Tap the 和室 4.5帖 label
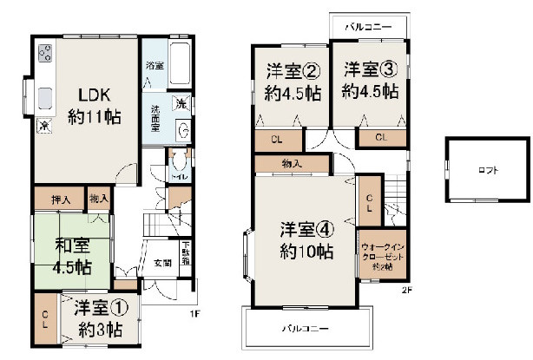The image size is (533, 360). pyautogui.click(x=72, y=256)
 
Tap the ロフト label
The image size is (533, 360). pyautogui.click(x=488, y=170)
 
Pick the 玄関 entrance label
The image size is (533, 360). pyautogui.click(x=162, y=262)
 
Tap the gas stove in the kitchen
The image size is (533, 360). pyautogui.click(x=44, y=59)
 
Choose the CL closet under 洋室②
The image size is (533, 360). pyautogui.click(x=274, y=139)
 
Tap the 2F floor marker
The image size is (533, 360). pyautogui.click(x=405, y=290)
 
